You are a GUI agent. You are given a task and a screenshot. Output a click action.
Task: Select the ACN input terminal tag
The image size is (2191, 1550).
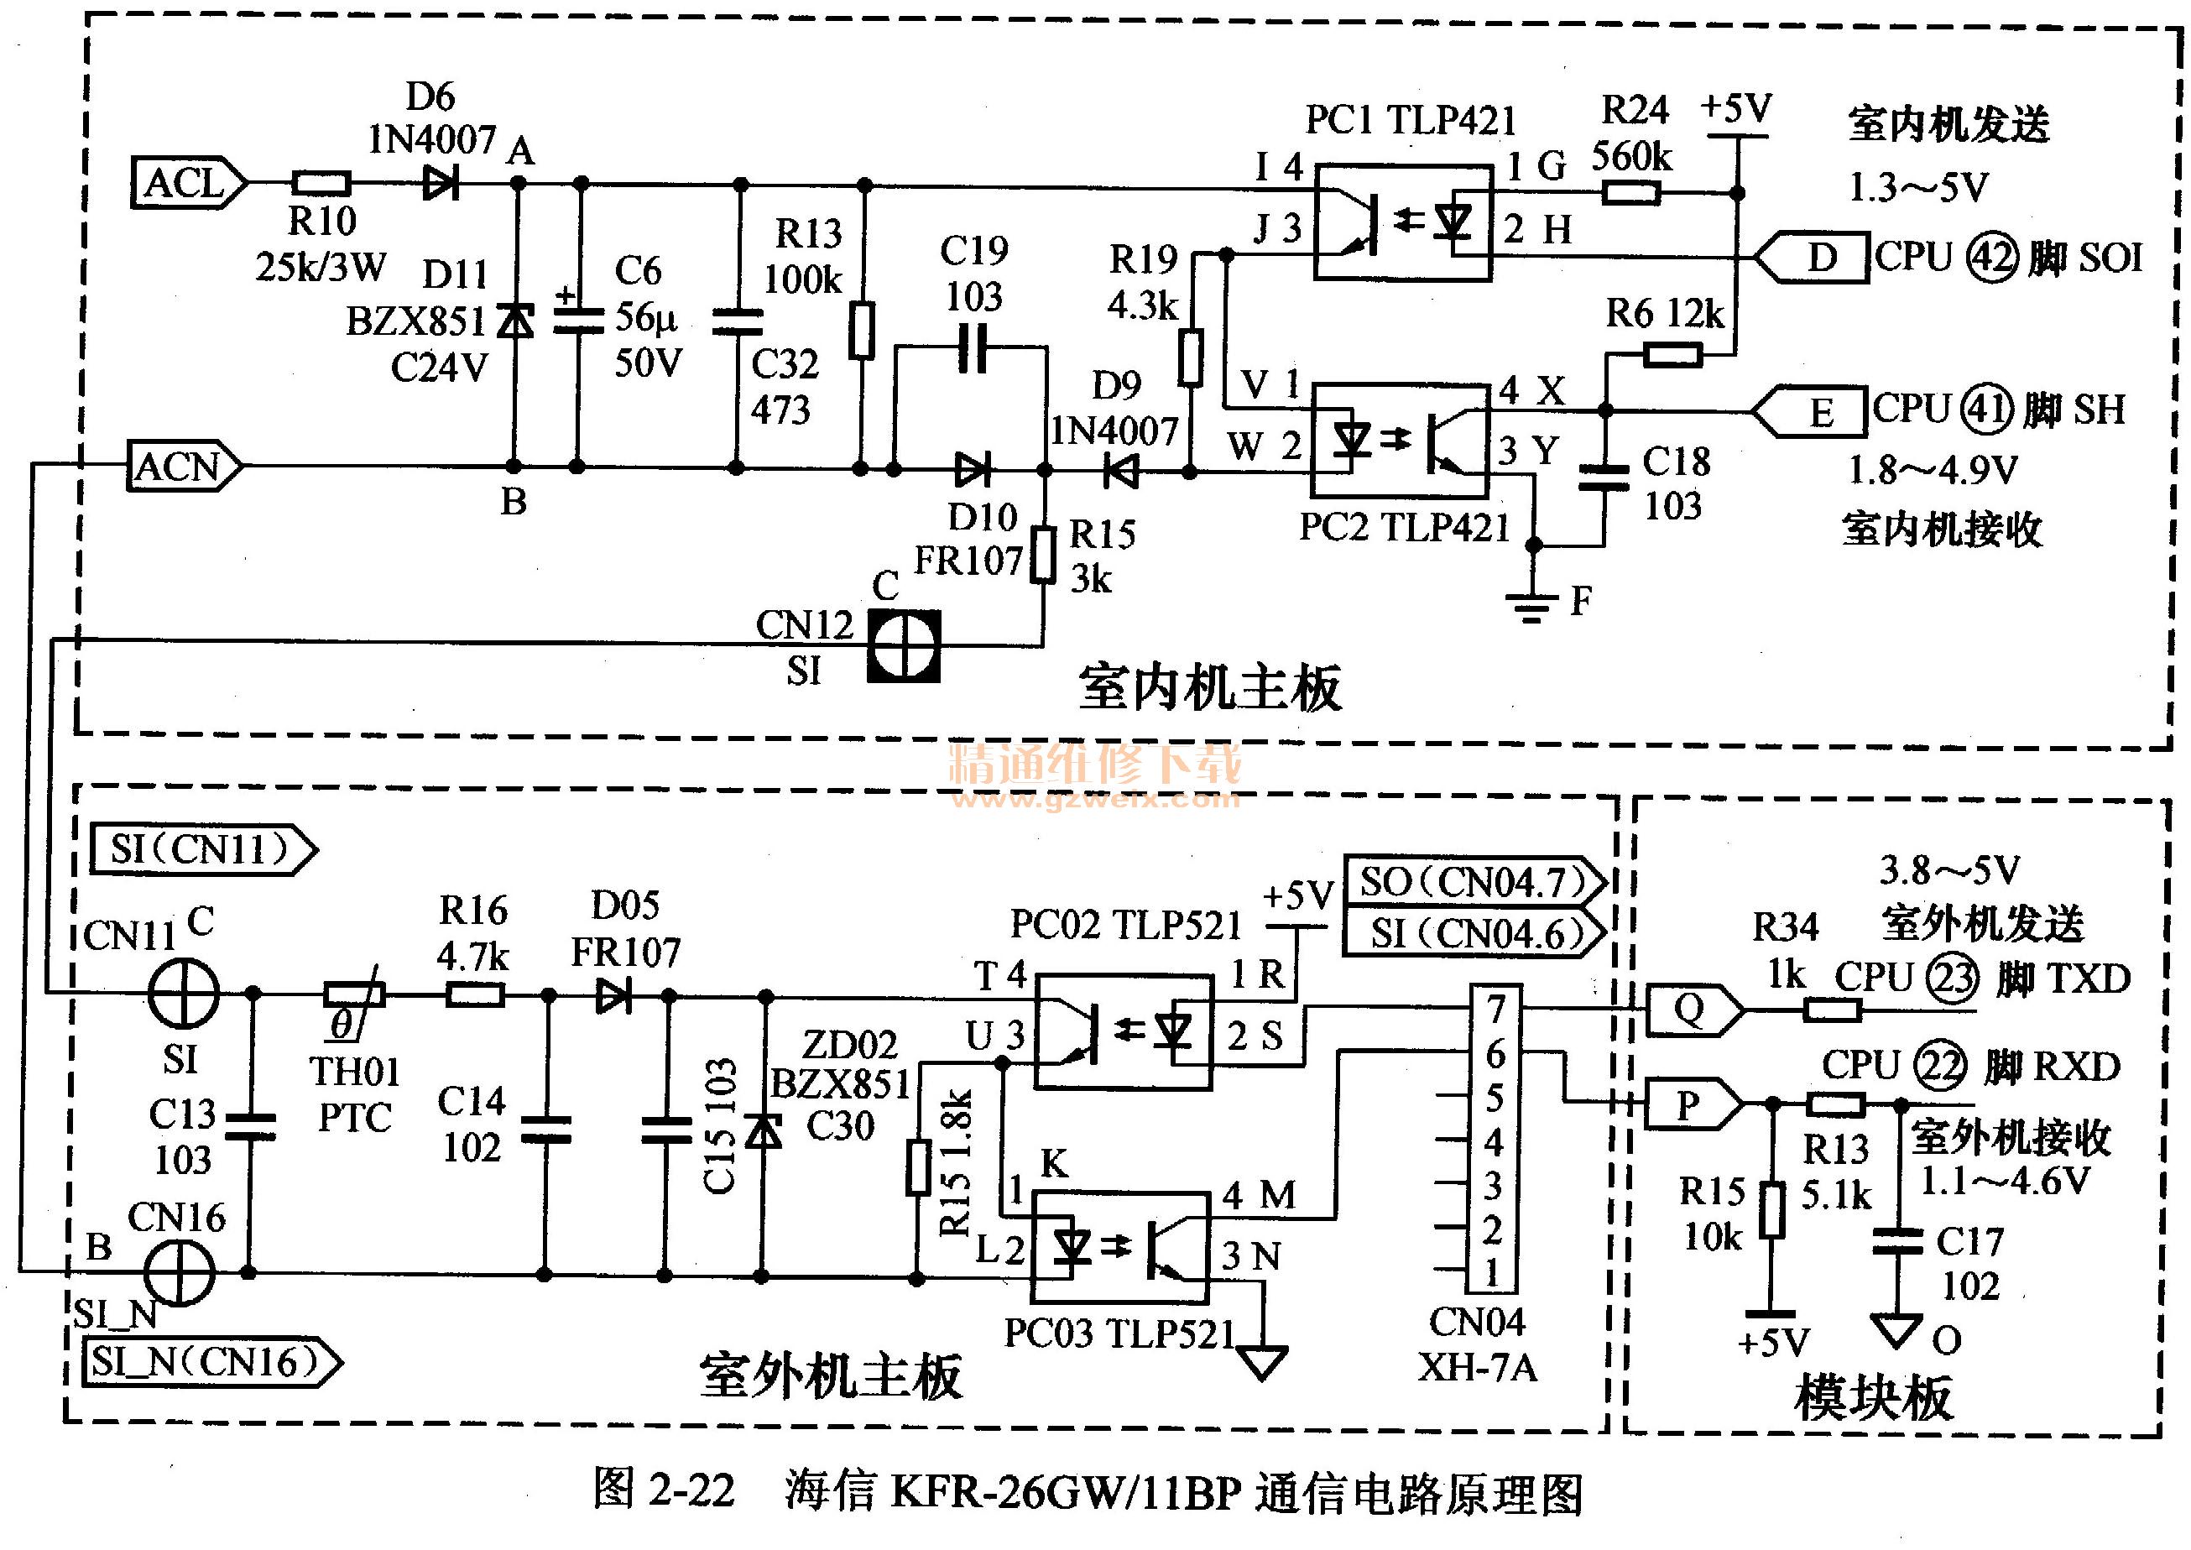click(183, 467)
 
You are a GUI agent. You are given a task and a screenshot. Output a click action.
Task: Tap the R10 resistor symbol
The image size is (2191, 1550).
click(321, 182)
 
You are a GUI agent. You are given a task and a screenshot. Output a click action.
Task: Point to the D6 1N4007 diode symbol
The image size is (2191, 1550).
click(441, 182)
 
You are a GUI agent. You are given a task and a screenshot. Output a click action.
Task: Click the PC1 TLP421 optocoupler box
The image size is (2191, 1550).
click(1403, 222)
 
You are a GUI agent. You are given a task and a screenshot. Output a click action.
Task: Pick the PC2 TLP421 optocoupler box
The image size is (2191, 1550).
click(1400, 441)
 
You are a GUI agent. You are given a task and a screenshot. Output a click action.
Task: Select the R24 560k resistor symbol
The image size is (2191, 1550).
click(1630, 194)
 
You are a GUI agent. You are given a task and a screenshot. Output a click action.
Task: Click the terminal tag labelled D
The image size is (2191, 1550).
click(1813, 257)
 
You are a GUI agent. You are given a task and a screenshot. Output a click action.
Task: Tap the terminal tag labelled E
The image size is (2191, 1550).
click(1811, 411)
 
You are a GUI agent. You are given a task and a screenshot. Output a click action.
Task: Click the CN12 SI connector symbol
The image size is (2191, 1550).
click(904, 645)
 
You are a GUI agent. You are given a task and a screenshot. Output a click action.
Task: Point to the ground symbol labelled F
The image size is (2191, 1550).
click(1531, 605)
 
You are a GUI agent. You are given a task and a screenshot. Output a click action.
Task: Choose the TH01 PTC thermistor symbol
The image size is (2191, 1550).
click(354, 995)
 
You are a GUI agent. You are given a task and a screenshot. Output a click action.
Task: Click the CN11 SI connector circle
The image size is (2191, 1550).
click(184, 994)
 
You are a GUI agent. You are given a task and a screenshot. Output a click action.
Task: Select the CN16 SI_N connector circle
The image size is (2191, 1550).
click(180, 1272)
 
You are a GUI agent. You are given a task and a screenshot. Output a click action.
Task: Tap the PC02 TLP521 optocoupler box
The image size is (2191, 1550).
click(1123, 1031)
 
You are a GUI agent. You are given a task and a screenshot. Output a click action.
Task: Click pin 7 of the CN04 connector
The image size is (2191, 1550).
click(1495, 1009)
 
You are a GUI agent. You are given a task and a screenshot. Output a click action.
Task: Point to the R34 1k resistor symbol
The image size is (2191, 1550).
click(1832, 1009)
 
